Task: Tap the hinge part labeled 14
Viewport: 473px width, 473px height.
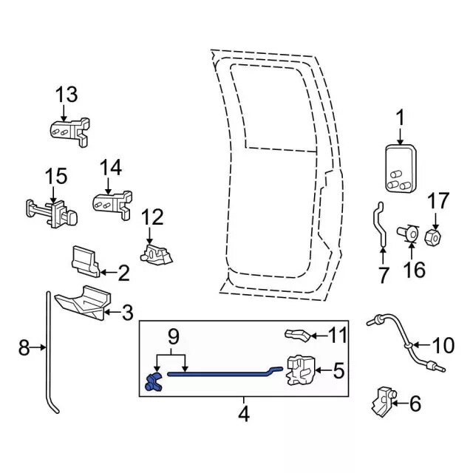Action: click(112, 201)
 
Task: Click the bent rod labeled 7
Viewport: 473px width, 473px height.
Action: click(379, 225)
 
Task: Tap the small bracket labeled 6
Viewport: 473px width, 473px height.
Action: click(382, 401)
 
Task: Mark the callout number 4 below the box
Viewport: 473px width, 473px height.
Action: click(243, 415)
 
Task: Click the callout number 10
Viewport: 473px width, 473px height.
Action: click(444, 344)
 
